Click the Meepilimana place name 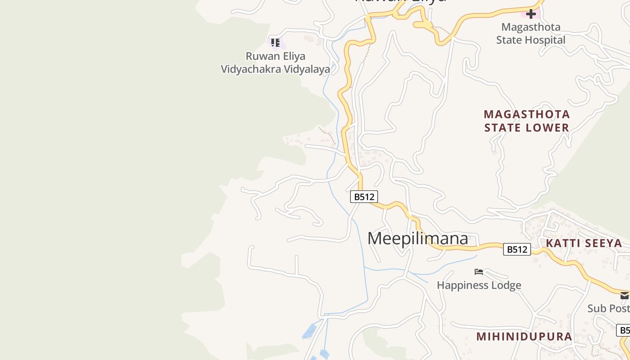pyautogui.click(x=418, y=238)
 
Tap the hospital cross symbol pyautogui.click(x=531, y=14)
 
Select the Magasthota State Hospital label pyautogui.click(x=531, y=33)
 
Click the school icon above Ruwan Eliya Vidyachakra pyautogui.click(x=275, y=43)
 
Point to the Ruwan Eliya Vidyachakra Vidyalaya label pyautogui.click(x=275, y=63)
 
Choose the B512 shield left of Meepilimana pyautogui.click(x=364, y=197)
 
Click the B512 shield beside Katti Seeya pyautogui.click(x=517, y=249)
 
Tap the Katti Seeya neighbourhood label pyautogui.click(x=584, y=243)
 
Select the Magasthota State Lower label pyautogui.click(x=526, y=121)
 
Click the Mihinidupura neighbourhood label pyautogui.click(x=524, y=337)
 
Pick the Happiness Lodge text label pyautogui.click(x=479, y=285)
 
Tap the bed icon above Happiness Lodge pyautogui.click(x=479, y=272)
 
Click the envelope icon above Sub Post pyautogui.click(x=624, y=296)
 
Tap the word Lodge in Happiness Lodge pyautogui.click(x=506, y=285)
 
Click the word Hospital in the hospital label pyautogui.click(x=545, y=40)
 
